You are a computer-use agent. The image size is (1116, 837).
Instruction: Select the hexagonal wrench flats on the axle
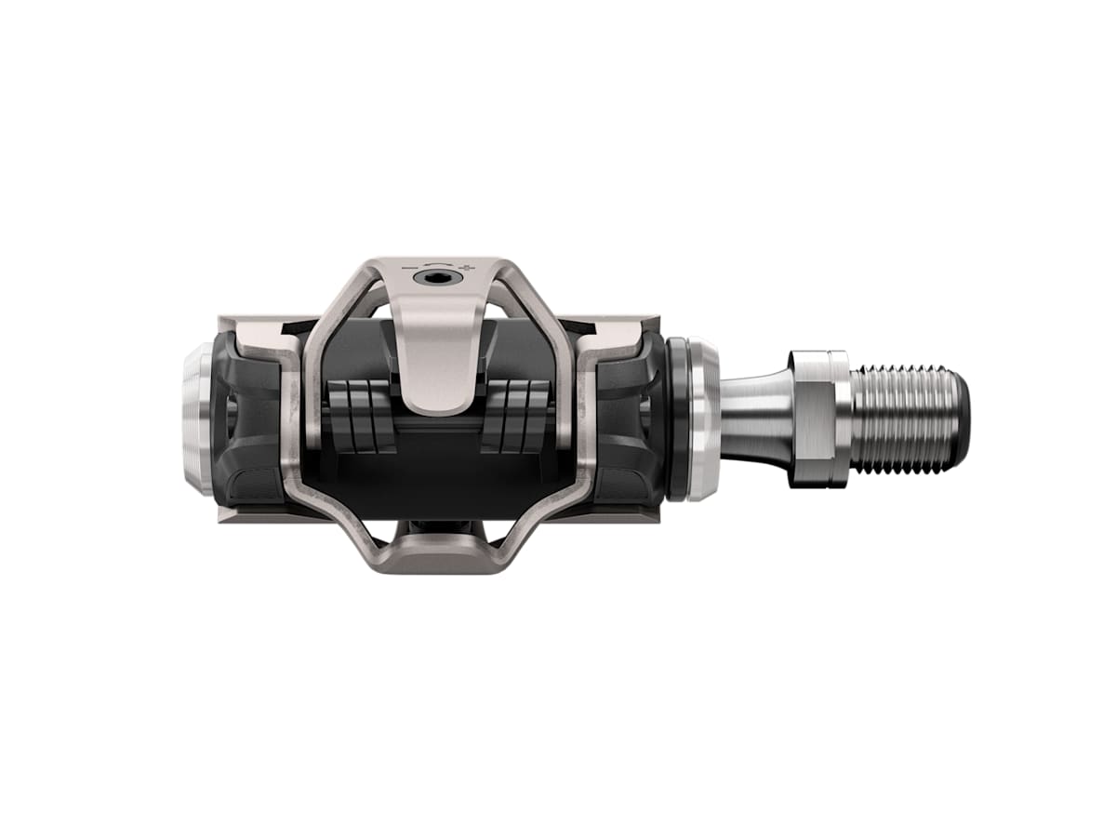tap(819, 418)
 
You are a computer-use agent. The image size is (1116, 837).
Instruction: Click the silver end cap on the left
tap(196, 418)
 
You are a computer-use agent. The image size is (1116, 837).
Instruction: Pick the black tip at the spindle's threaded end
tap(963, 418)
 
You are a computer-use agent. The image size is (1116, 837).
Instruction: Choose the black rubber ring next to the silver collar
tap(678, 418)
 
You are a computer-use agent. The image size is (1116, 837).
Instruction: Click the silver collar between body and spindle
tap(704, 418)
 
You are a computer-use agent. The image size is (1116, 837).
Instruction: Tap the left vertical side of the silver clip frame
tap(299, 418)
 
